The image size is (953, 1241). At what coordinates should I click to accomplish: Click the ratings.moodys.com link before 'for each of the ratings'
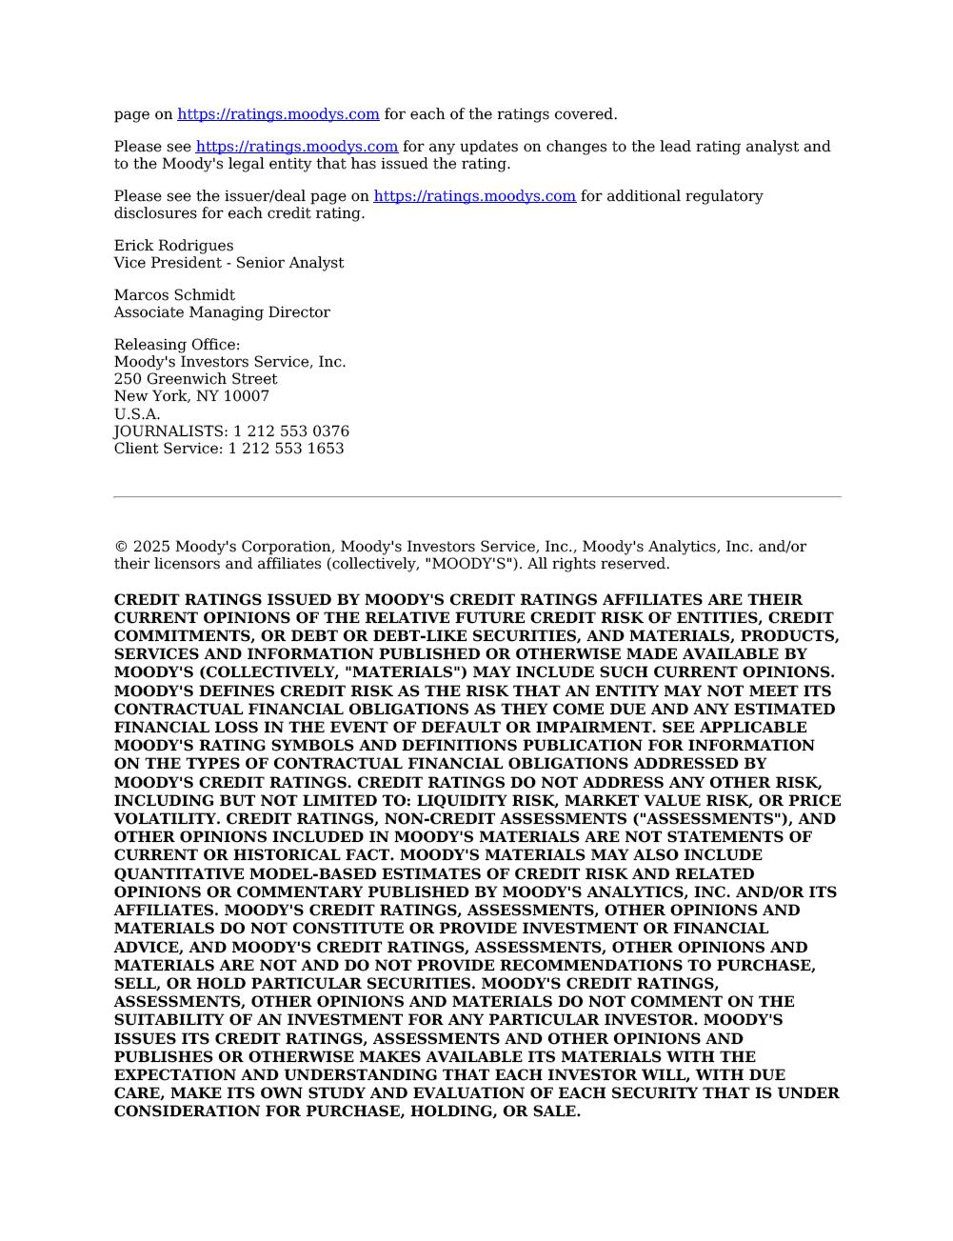[278, 114]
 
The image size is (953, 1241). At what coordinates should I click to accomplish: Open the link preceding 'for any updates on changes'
[297, 147]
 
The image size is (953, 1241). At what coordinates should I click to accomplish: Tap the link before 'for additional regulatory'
[474, 196]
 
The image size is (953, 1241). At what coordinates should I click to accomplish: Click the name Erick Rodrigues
[173, 246]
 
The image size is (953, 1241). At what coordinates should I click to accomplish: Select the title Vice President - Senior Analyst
[228, 263]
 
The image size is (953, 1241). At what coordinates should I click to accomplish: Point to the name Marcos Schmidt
[174, 295]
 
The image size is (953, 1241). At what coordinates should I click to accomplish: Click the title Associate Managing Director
[222, 312]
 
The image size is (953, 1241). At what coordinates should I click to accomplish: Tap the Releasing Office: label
[177, 345]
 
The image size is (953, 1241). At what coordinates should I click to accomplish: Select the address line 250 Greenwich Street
[195, 379]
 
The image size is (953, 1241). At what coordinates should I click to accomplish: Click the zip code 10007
[246, 396]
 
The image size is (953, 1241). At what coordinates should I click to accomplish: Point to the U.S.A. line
[137, 414]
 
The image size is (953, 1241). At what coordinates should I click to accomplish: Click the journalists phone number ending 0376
[290, 431]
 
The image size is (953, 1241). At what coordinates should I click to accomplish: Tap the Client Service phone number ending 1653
[286, 449]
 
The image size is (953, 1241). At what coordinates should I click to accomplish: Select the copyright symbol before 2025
[121, 547]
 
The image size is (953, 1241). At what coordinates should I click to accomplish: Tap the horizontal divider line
[477, 497]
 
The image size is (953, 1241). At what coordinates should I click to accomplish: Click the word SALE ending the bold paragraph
[557, 1111]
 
